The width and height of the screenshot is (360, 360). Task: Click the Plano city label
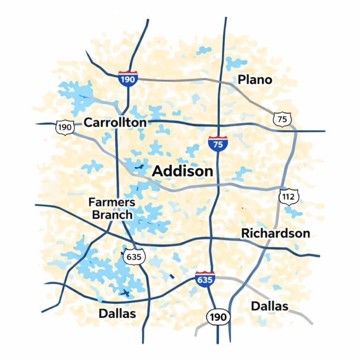pyautogui.click(x=255, y=80)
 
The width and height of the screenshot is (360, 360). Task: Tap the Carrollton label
pyautogui.click(x=115, y=123)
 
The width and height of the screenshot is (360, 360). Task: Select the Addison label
pyautogui.click(x=183, y=171)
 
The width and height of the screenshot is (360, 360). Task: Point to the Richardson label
pyautogui.click(x=275, y=233)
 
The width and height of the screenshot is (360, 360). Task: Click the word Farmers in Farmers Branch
pyautogui.click(x=112, y=203)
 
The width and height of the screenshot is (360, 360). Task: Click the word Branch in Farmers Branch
pyautogui.click(x=112, y=215)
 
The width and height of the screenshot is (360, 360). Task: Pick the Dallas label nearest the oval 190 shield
pyautogui.click(x=270, y=306)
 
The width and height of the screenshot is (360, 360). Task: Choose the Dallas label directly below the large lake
pyautogui.click(x=117, y=313)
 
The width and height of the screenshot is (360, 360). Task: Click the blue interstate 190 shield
pyautogui.click(x=127, y=79)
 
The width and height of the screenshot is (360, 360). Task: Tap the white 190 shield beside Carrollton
pyautogui.click(x=65, y=127)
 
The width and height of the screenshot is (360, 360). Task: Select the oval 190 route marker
pyautogui.click(x=218, y=317)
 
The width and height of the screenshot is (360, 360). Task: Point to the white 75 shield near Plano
pyautogui.click(x=282, y=120)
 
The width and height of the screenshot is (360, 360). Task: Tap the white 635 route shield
pyautogui.click(x=135, y=256)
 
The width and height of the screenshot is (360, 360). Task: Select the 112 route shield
pyautogui.click(x=287, y=196)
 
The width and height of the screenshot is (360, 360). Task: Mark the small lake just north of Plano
pyautogui.click(x=235, y=63)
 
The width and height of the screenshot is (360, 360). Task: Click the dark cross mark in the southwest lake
pyautogui.click(x=125, y=293)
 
